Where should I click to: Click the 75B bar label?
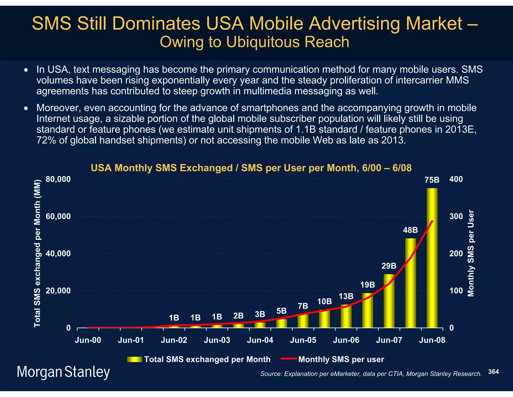tap(432, 180)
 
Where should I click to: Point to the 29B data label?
tap(389, 266)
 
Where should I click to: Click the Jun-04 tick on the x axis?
tap(260, 340)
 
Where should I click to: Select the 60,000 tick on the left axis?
tap(58, 216)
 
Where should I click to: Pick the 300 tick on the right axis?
tap(456, 216)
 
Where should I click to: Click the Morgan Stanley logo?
tap(63, 372)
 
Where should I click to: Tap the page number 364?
tap(493, 372)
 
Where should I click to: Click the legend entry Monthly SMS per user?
tap(341, 359)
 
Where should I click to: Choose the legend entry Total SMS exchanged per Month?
tap(207, 359)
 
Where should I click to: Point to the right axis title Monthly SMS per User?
tap(471, 253)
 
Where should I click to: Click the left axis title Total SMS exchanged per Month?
tap(37, 253)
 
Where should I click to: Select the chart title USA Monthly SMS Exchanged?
tap(251, 168)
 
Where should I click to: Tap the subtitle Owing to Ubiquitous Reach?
tap(254, 42)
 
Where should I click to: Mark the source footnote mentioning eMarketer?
tap(371, 374)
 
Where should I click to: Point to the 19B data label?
tap(367, 285)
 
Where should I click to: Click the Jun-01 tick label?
tap(131, 340)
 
